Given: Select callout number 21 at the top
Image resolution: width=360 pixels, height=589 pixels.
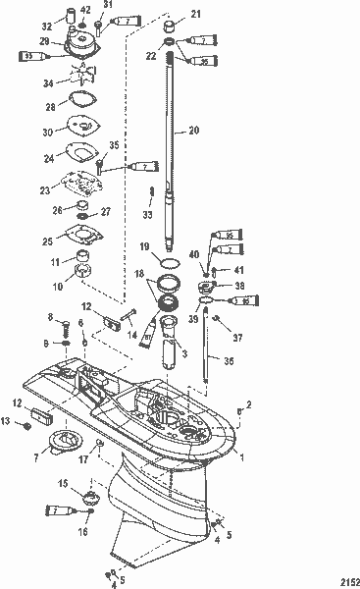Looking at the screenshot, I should coord(194,14).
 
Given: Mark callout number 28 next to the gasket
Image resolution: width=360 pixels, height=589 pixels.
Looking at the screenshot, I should coord(50,105).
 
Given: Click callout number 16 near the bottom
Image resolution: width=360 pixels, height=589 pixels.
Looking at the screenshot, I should coord(82,531).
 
